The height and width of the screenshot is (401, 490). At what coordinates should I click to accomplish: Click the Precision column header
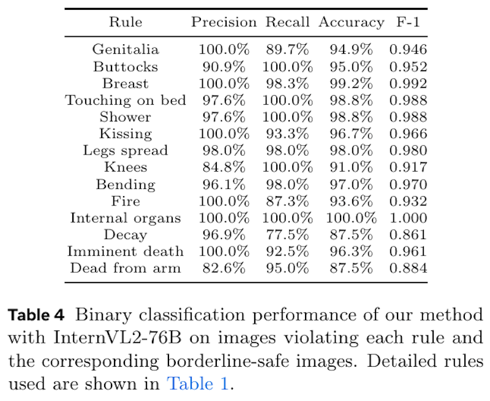(224, 23)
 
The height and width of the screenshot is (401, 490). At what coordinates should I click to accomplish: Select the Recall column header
(287, 23)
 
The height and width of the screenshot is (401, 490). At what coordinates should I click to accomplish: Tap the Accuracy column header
(351, 23)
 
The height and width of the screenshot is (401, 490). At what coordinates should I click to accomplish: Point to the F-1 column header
(407, 23)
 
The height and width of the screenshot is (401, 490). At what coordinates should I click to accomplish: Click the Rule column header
(125, 23)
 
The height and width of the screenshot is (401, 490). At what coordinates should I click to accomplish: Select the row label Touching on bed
(125, 100)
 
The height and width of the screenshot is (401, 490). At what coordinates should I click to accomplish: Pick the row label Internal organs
(125, 218)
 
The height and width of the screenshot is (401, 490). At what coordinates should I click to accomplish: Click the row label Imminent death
(125, 251)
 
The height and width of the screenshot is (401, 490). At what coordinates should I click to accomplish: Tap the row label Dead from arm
(125, 268)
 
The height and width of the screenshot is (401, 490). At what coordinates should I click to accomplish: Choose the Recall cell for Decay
(287, 234)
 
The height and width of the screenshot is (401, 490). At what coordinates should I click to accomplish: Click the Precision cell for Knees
(224, 167)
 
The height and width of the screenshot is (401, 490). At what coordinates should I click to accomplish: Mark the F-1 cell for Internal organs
(408, 218)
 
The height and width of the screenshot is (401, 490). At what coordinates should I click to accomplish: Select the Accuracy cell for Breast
(351, 83)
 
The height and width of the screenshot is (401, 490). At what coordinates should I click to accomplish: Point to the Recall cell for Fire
(287, 200)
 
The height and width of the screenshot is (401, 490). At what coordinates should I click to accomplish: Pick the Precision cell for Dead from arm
(224, 268)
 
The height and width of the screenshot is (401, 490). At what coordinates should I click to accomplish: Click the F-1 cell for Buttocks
(408, 66)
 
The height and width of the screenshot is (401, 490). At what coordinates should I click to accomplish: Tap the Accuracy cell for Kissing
(351, 134)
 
